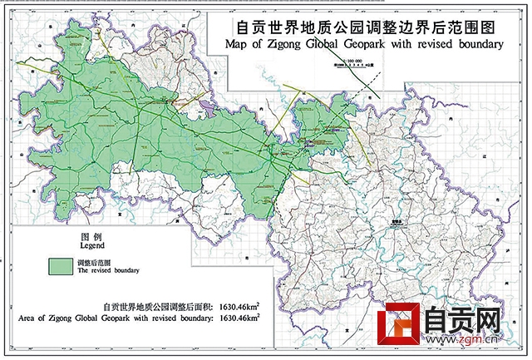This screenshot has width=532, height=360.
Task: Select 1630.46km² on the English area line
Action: (245, 317)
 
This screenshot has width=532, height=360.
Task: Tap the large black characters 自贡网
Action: (463, 322)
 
